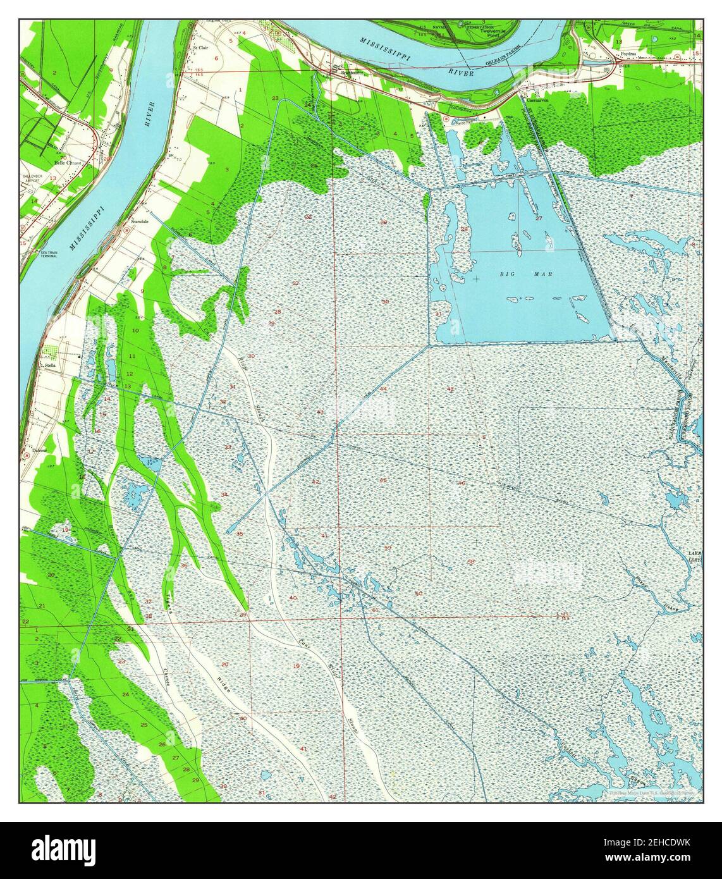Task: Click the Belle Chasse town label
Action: click(68, 163)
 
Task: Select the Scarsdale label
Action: click(140, 222)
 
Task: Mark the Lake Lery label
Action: click(694, 557)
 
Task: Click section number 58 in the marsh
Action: click(470, 561)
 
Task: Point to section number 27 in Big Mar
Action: click(539, 218)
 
